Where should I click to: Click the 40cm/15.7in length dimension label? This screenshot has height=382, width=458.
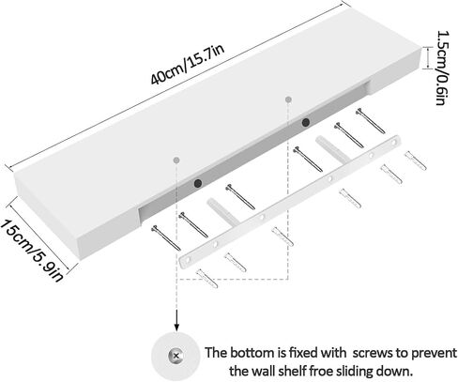point(188,65)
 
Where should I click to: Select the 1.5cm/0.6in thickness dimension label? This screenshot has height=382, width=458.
point(443,68)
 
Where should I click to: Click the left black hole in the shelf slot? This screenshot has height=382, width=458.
point(198,183)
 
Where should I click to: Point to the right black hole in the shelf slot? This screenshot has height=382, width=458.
point(306,122)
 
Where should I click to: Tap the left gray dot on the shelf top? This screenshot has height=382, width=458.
point(176,160)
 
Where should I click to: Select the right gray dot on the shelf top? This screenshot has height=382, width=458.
point(288,99)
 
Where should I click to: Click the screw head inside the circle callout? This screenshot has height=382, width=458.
point(176,356)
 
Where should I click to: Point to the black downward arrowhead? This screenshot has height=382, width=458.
point(176,326)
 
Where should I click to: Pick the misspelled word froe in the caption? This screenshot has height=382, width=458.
point(321,372)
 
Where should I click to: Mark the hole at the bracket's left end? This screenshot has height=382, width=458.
point(188,260)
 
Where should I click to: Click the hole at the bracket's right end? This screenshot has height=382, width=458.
point(394,143)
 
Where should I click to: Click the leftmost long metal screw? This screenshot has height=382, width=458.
point(165,237)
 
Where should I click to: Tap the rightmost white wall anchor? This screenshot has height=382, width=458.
point(416,160)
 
